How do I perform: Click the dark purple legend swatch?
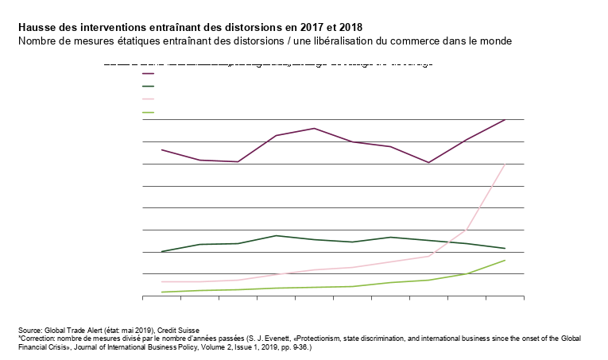148,73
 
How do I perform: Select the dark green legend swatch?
148,86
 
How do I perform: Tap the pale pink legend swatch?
148,99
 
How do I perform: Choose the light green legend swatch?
148,112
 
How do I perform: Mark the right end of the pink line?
505,164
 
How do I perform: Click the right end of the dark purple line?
505,120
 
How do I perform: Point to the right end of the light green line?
505,260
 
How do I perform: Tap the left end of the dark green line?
161,252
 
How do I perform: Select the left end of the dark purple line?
161,149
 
